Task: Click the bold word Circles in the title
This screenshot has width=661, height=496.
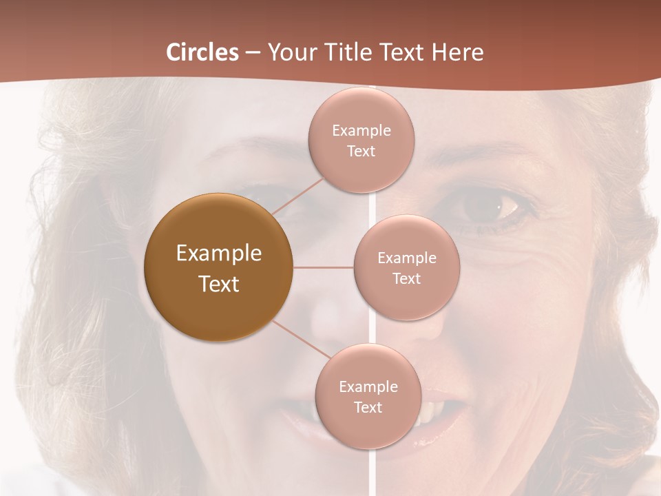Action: pyautogui.click(x=202, y=52)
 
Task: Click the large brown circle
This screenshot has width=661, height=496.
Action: pyautogui.click(x=218, y=267)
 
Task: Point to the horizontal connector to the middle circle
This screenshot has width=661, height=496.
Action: pyautogui.click(x=324, y=267)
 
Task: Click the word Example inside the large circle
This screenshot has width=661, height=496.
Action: pyautogui.click(x=218, y=254)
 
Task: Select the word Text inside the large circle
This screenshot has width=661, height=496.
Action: pyautogui.click(x=218, y=284)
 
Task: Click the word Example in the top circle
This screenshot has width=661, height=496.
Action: pyautogui.click(x=361, y=131)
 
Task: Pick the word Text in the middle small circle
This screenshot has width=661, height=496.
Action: pyautogui.click(x=406, y=279)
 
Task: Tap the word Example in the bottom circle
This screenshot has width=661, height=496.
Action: pyautogui.click(x=368, y=387)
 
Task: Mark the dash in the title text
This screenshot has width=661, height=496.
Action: pyautogui.click(x=252, y=53)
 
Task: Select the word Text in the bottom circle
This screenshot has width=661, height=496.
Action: pyautogui.click(x=368, y=408)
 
